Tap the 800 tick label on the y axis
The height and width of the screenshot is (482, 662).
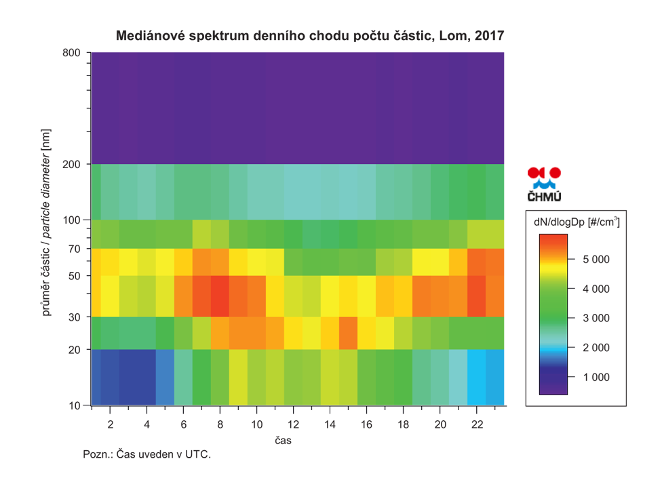coord(71,53)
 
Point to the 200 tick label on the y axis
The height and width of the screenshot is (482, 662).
coord(71,164)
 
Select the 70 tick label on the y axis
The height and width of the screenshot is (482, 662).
coord(75,249)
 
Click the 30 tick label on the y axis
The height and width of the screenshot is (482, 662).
coord(75,317)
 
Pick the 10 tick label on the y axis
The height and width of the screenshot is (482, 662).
coord(75,405)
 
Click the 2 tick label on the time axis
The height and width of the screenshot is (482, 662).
coord(110,424)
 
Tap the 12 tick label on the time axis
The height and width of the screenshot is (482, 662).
coord(294,424)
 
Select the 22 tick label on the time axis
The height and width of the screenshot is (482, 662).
coord(477,424)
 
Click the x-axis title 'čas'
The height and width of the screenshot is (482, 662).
coord(284,441)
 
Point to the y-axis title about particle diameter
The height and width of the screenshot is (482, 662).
coord(46,222)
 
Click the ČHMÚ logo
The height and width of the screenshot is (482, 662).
coord(544,184)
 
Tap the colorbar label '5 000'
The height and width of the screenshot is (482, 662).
coord(596,260)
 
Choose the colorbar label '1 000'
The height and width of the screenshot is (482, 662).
coord(596,378)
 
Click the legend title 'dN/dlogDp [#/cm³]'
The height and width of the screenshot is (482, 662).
coord(577,222)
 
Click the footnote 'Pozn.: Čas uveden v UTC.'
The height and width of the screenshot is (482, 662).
coord(147,455)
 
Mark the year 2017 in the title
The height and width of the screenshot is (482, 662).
coord(489,35)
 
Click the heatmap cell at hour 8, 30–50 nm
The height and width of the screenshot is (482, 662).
coord(220,296)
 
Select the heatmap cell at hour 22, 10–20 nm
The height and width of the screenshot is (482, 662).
coord(477,378)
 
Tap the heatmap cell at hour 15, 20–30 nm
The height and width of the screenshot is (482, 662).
coord(349,333)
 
